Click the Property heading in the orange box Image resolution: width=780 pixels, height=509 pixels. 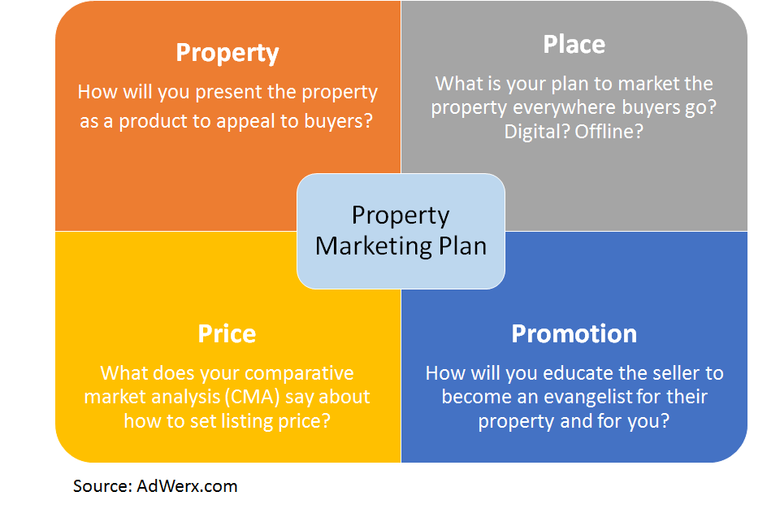point(227,53)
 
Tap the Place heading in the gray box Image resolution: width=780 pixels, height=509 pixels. point(574,44)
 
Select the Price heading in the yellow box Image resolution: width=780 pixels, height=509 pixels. point(227,334)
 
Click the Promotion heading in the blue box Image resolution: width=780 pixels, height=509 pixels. point(574,334)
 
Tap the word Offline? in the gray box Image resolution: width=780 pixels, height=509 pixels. point(609,131)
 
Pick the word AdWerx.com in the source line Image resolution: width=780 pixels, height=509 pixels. point(188,486)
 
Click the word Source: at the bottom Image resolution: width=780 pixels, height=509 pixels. point(102,486)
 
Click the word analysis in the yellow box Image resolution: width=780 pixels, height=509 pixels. point(196,397)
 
